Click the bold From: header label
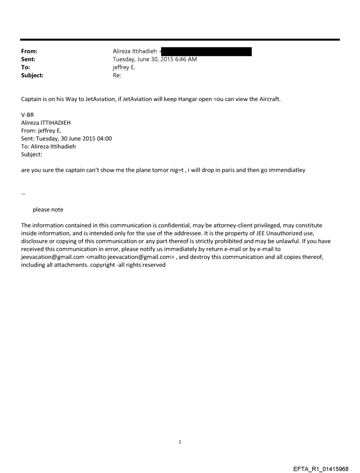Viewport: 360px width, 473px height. [x=29, y=52]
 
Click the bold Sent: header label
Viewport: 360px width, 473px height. [x=28, y=60]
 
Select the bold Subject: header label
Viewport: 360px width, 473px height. [x=32, y=75]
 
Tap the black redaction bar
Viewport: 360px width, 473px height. [x=207, y=52]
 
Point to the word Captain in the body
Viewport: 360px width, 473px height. [x=31, y=99]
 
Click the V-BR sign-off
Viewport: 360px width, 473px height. [x=27, y=115]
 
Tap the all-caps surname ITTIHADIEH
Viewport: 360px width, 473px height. [x=55, y=123]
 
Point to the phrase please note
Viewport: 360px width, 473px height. [x=48, y=210]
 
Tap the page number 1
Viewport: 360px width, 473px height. [x=180, y=442]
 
